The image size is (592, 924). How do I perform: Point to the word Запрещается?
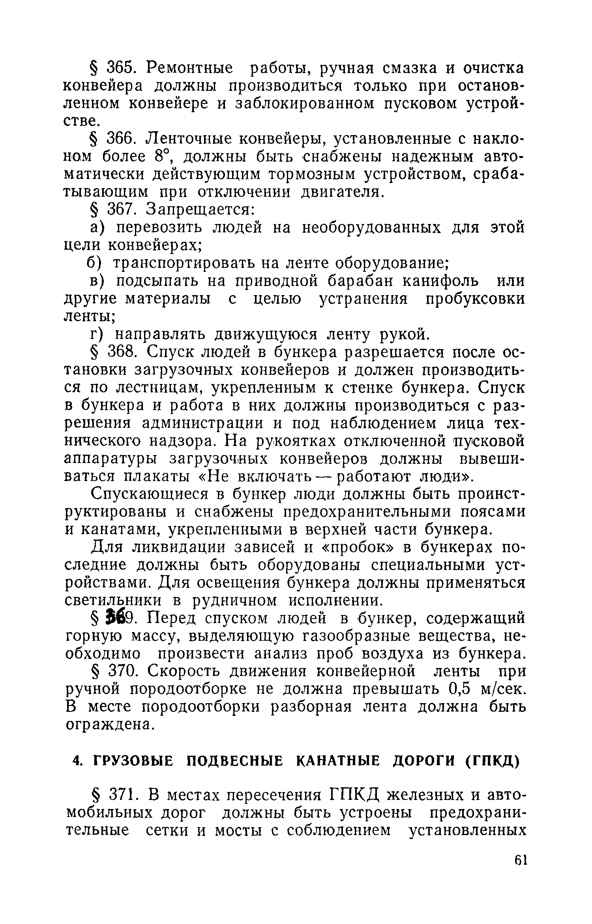(200, 209)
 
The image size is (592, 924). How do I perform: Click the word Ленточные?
(189, 139)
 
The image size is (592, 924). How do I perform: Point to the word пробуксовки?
(475, 299)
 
